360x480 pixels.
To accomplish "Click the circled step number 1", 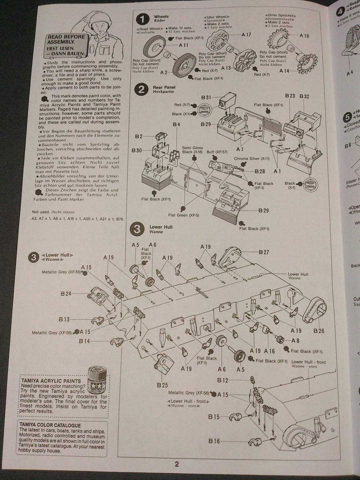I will (x=141, y=20).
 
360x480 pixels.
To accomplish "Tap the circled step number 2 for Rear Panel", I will (x=141, y=90).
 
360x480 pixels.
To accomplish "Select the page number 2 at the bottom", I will (x=176, y=464).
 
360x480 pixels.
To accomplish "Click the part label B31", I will (x=206, y=97).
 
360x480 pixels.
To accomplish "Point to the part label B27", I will (x=264, y=252).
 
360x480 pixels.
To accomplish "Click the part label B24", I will (x=66, y=294).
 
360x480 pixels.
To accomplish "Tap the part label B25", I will (x=162, y=385).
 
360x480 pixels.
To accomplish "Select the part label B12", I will (x=223, y=380).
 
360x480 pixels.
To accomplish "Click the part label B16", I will (x=214, y=441).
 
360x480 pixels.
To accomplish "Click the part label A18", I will (x=304, y=36).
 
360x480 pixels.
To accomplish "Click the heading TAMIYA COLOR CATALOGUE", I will (x=50, y=425).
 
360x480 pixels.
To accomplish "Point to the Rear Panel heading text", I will (x=164, y=87).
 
